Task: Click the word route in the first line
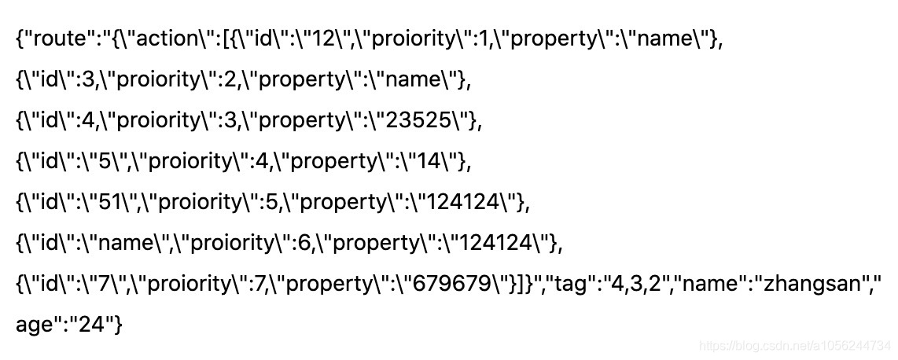58,39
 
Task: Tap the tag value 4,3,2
647,284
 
